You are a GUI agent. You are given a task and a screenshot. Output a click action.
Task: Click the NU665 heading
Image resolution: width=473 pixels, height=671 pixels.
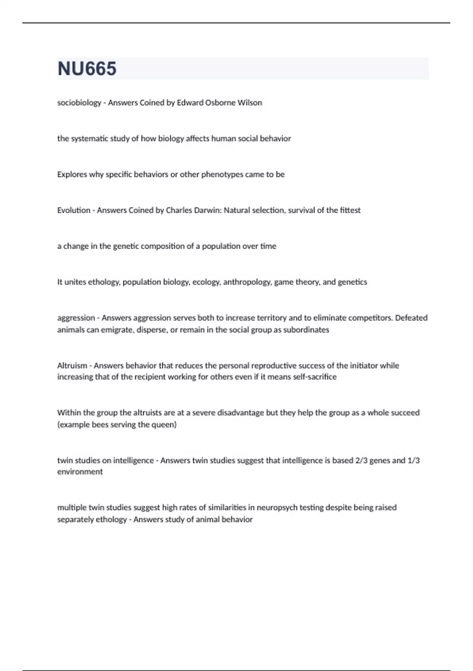(87, 69)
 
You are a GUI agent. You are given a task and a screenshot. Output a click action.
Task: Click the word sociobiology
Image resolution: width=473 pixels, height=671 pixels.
(79, 103)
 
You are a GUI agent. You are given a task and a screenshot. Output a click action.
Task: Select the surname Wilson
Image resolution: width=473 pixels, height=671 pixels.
(250, 103)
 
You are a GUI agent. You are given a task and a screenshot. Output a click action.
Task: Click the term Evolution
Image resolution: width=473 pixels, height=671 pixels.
(74, 210)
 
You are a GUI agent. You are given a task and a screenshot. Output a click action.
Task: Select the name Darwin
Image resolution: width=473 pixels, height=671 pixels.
(208, 210)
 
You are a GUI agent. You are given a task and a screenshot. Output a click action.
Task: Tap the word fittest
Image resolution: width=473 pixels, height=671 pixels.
(350, 210)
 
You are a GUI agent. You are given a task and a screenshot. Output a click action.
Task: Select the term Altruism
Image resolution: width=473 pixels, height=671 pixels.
(72, 365)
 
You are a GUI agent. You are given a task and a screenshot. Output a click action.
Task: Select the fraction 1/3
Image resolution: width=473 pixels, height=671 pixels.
(413, 460)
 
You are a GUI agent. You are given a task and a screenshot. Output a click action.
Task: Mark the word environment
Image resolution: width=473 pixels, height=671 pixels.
(80, 472)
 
